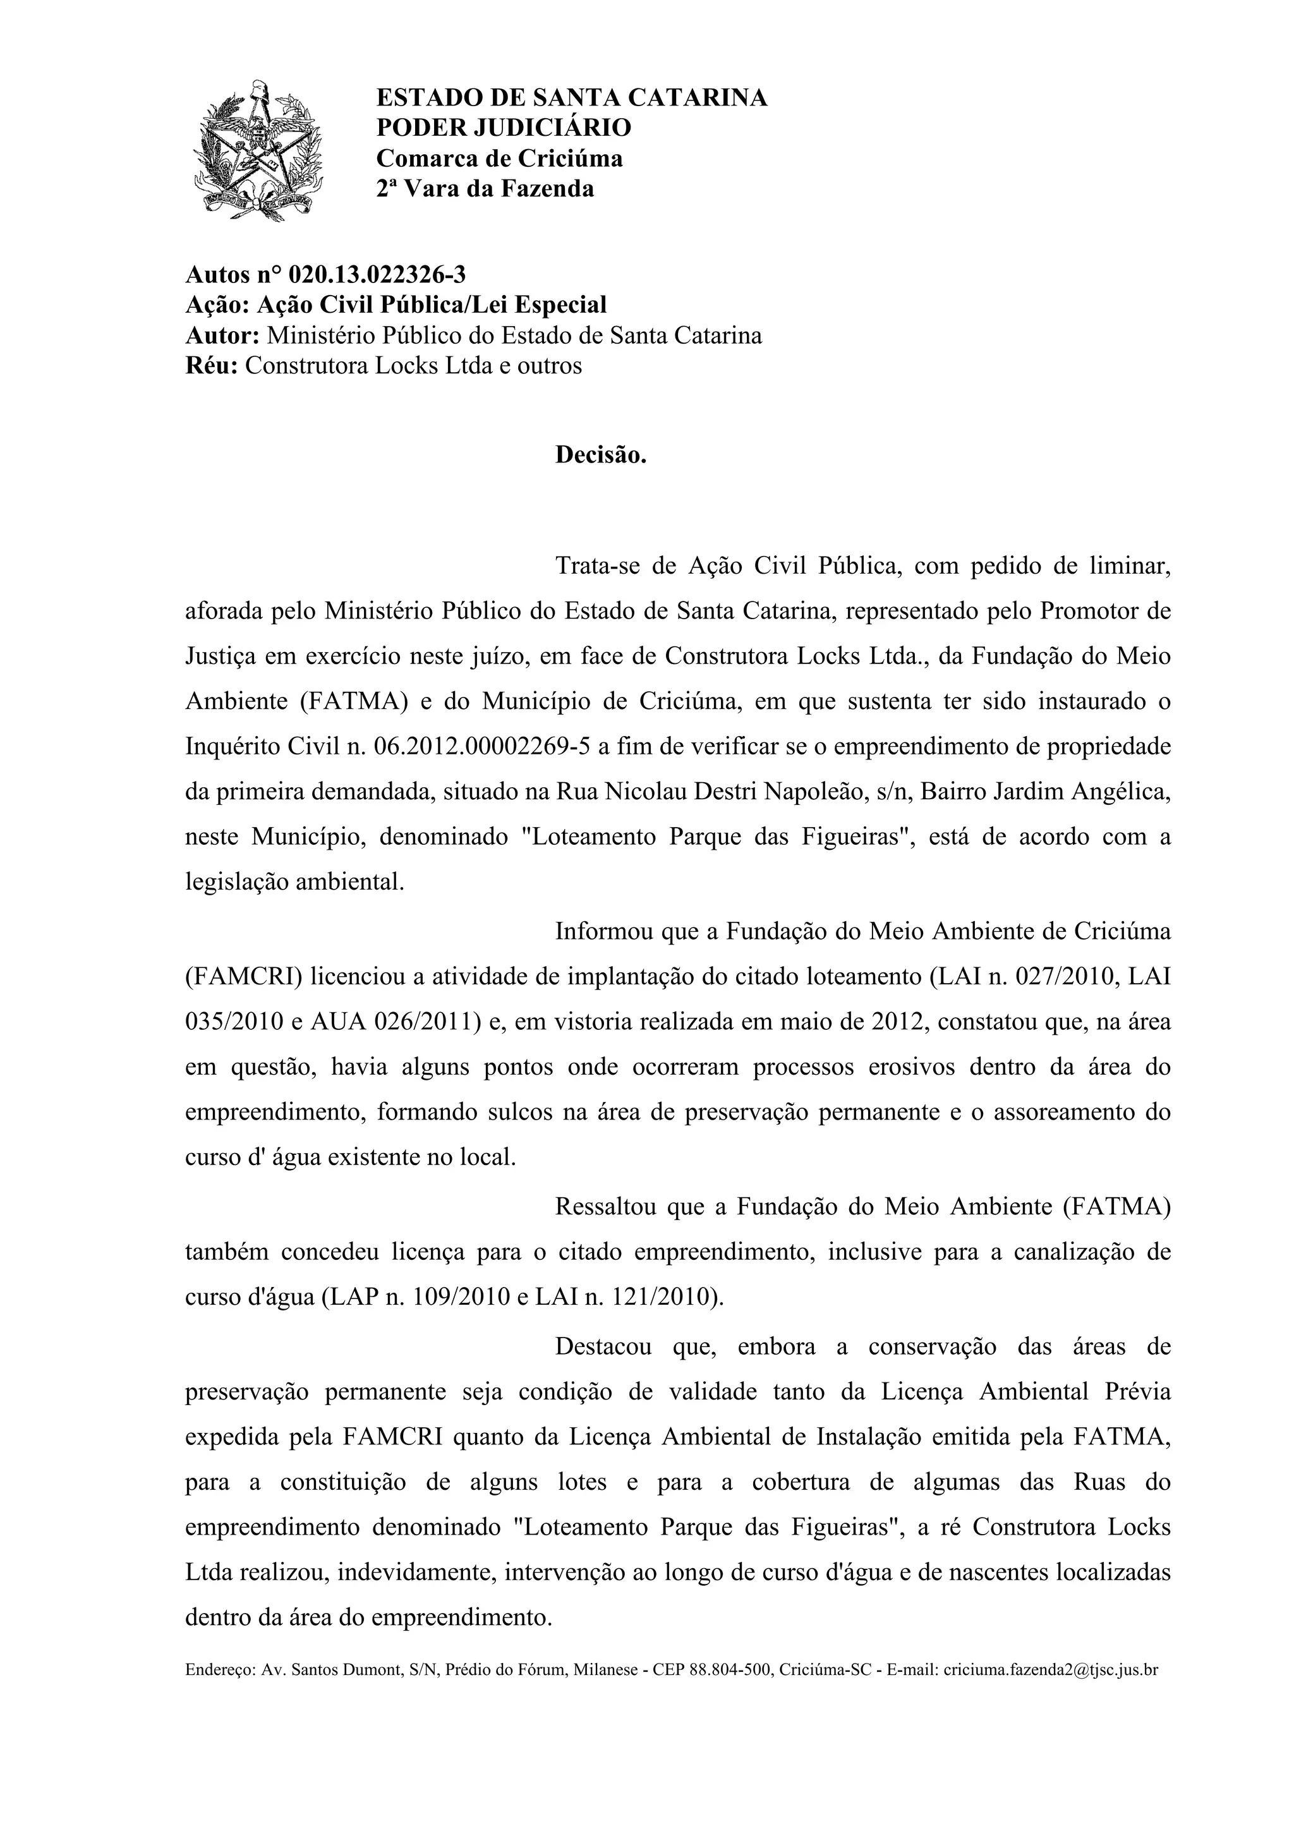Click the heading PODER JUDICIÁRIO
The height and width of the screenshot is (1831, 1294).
503,128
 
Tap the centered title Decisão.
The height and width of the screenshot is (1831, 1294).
600,456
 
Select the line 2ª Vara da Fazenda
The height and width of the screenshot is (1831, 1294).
485,189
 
